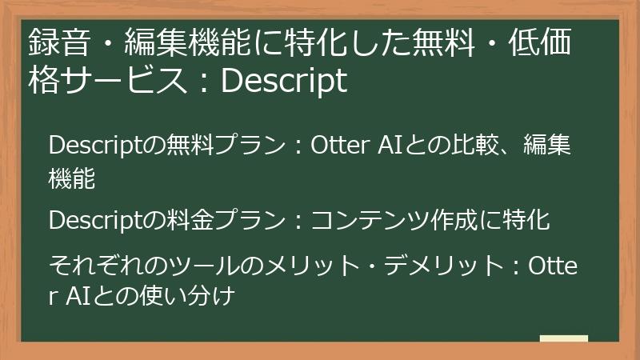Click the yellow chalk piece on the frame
[563, 339]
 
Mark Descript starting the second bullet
[98, 219]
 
